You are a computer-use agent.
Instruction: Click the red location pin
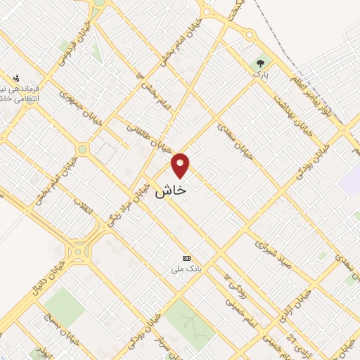(x=181, y=165)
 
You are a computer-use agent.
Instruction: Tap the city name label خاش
(x=170, y=191)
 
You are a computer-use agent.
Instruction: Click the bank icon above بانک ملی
(x=186, y=258)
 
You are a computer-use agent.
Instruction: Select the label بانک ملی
(x=187, y=269)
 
